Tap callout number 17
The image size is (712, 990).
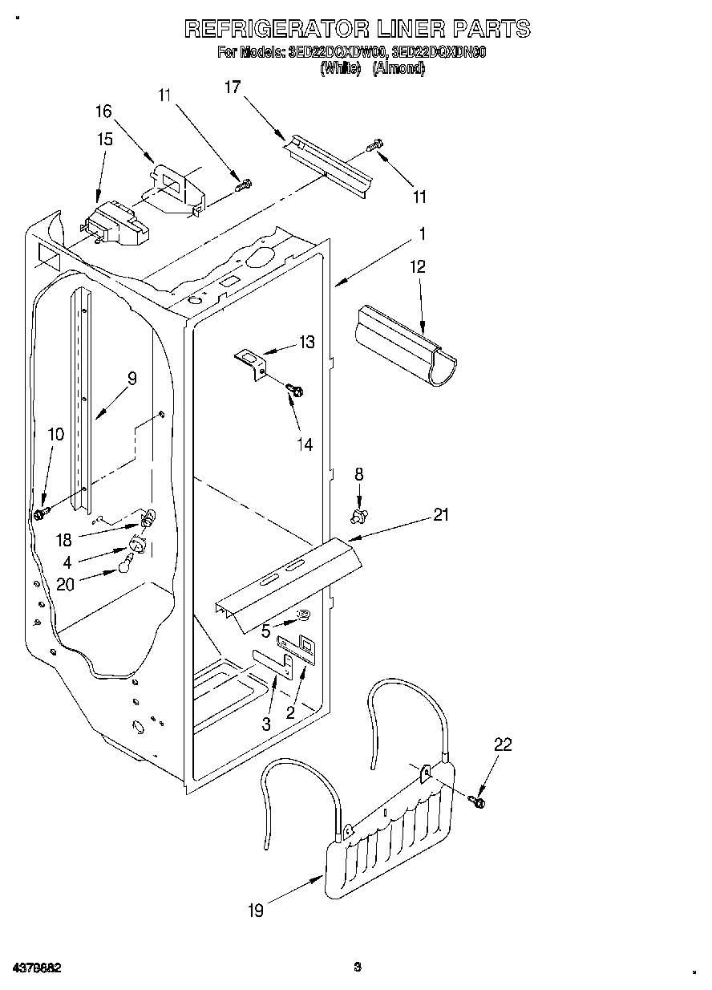click(233, 87)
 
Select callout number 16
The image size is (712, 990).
click(104, 112)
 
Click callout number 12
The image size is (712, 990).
click(418, 266)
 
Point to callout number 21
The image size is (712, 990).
click(441, 515)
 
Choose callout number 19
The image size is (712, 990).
click(256, 910)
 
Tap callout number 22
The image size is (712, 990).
click(502, 745)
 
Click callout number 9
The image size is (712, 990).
click(131, 378)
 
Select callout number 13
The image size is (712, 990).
click(306, 343)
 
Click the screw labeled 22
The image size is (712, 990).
click(478, 800)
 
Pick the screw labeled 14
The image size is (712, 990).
click(295, 391)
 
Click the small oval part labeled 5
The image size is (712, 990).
click(305, 615)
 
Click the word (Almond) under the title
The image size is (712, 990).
click(398, 69)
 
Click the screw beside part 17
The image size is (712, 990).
click(375, 147)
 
